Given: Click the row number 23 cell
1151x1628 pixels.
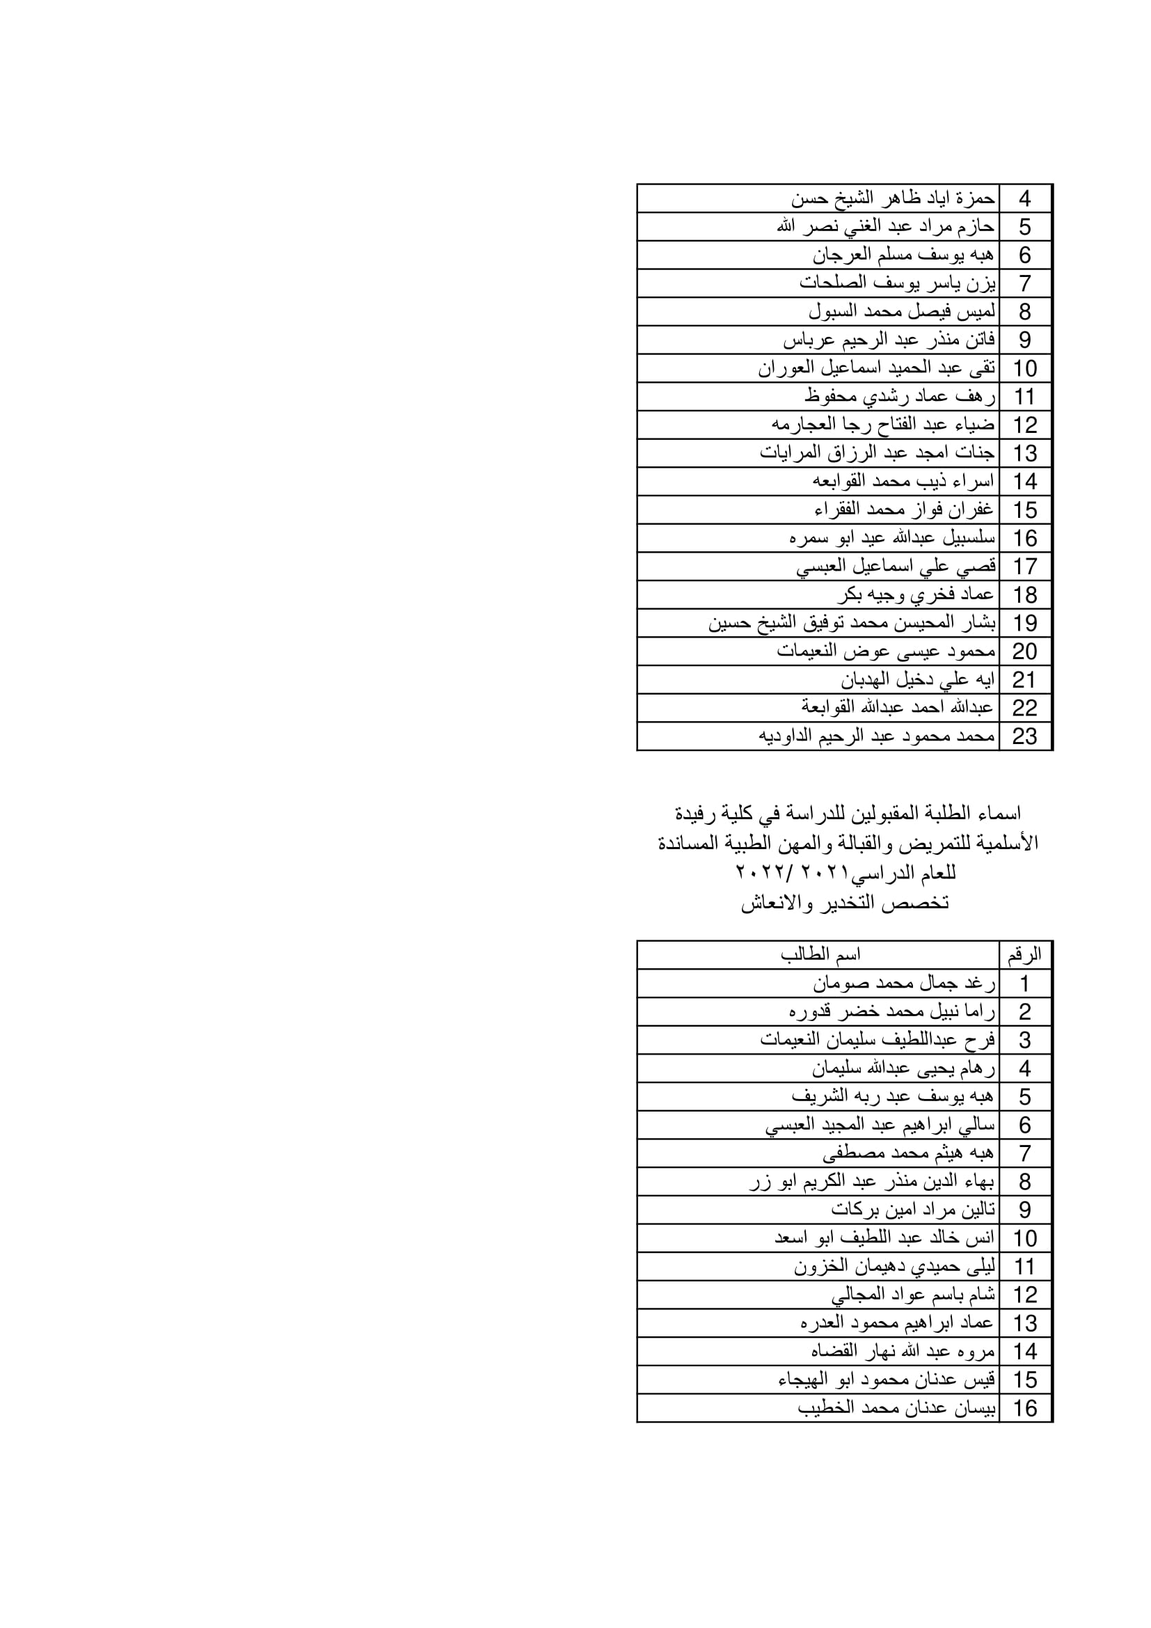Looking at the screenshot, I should [1025, 736].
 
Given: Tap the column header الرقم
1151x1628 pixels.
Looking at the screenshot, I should [1025, 955].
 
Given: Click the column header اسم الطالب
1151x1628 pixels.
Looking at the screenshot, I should [820, 955].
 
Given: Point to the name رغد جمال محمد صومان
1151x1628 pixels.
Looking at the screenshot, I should [904, 983].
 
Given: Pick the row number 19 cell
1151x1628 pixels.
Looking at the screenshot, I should [1025, 622].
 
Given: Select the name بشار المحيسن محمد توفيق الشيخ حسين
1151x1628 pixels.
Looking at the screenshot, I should [852, 622].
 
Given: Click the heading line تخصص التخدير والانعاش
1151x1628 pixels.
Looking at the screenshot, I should [845, 903].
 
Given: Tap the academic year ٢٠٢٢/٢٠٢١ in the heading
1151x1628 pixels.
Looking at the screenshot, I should [775, 872].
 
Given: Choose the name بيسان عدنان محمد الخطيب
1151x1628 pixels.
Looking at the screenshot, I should [896, 1408].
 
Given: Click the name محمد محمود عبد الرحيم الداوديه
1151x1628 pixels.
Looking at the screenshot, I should [877, 736].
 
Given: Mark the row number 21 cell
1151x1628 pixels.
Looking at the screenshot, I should [1025, 679].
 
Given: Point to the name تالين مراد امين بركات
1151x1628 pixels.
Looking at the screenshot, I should [913, 1210].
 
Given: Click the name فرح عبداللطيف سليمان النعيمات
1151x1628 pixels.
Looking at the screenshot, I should [878, 1040].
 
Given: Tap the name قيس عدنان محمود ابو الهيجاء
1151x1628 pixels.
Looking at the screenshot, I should [887, 1380].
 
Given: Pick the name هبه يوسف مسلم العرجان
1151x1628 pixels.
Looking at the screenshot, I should [903, 255].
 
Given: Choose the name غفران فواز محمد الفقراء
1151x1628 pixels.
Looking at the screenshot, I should [904, 509].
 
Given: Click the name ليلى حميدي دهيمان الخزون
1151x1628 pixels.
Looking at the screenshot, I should [894, 1266].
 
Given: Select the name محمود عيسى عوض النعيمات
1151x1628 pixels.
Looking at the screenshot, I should [886, 651].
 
